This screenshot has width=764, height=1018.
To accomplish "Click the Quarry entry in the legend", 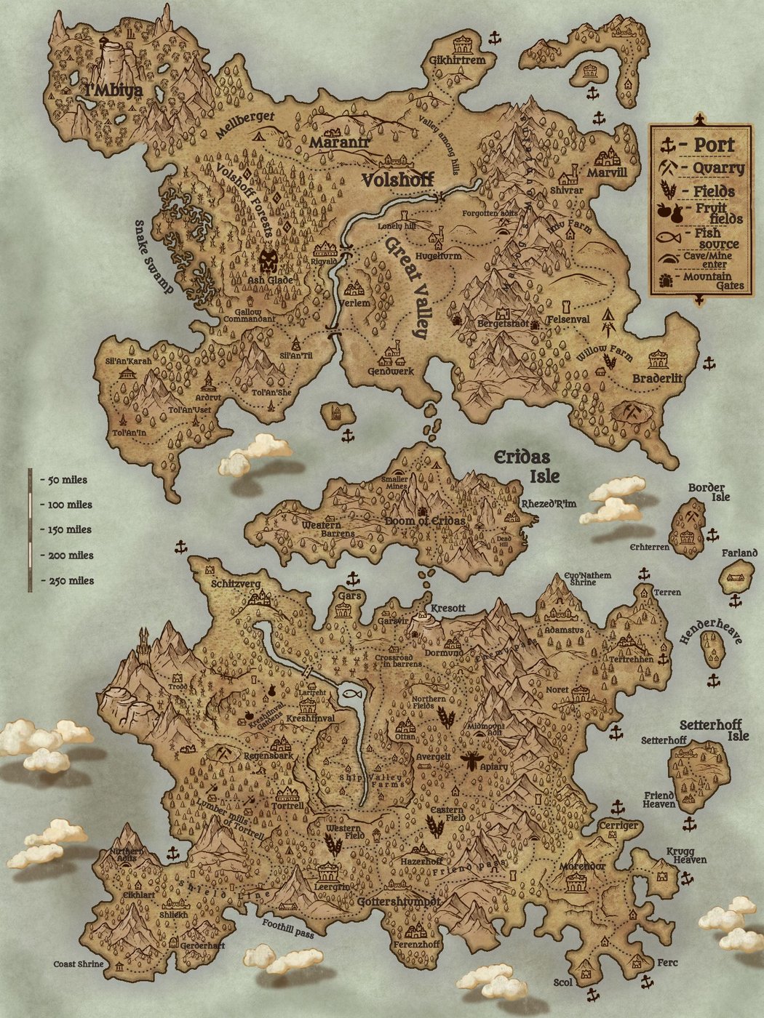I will (x=717, y=168).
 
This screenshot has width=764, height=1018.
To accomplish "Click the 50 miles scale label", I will (x=66, y=480).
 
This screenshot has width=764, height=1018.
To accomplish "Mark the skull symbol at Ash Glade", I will (x=269, y=260).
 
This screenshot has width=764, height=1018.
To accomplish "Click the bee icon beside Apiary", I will (x=471, y=761).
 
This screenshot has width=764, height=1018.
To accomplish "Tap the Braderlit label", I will (x=657, y=378).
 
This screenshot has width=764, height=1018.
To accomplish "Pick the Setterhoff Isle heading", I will (x=714, y=730).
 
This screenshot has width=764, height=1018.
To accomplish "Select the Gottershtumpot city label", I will (x=399, y=901).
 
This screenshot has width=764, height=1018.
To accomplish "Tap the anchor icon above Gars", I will (x=353, y=579).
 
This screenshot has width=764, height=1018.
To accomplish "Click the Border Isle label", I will (x=709, y=492).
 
